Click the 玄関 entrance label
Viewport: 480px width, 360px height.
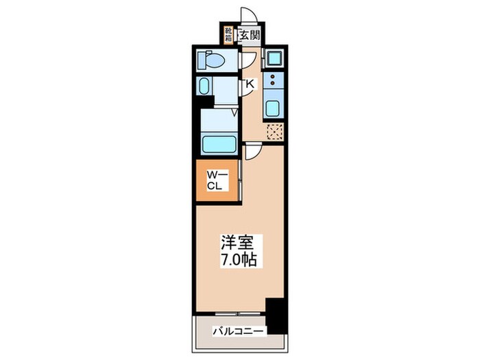(x=250, y=35)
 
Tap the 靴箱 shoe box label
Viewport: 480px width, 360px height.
(x=228, y=34)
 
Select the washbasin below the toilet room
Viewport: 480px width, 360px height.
(x=205, y=87)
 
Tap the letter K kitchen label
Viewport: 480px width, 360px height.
(x=250, y=84)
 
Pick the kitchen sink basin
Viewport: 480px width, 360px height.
(x=273, y=108)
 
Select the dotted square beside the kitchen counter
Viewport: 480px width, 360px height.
(x=275, y=132)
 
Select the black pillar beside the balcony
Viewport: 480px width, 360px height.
(x=276, y=316)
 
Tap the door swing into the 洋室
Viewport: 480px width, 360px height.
(x=253, y=154)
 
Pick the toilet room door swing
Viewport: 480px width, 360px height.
(x=248, y=62)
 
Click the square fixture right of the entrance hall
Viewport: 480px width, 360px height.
(x=273, y=58)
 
